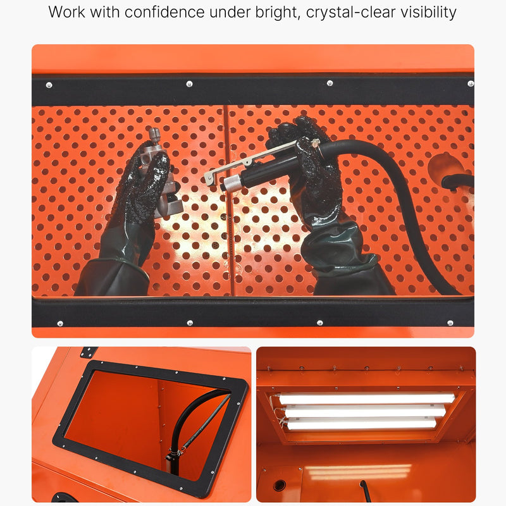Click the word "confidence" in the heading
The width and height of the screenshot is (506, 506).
pos(164,12)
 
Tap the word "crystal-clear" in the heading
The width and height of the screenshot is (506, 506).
pos(351,13)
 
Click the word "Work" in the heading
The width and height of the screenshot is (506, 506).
pos(67,12)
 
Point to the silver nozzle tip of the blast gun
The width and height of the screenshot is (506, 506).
pos(231,183)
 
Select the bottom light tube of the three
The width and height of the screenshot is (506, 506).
pos(361,423)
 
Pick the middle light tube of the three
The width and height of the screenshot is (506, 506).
pos(365,410)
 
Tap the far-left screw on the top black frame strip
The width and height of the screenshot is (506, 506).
pos(49,85)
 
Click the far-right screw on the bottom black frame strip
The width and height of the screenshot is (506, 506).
pos(450,323)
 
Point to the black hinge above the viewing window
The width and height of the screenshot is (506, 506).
pos(89,352)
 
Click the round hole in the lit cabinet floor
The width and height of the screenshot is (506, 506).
pos(280,484)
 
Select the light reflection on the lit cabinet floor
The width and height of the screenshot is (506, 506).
pos(358,473)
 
